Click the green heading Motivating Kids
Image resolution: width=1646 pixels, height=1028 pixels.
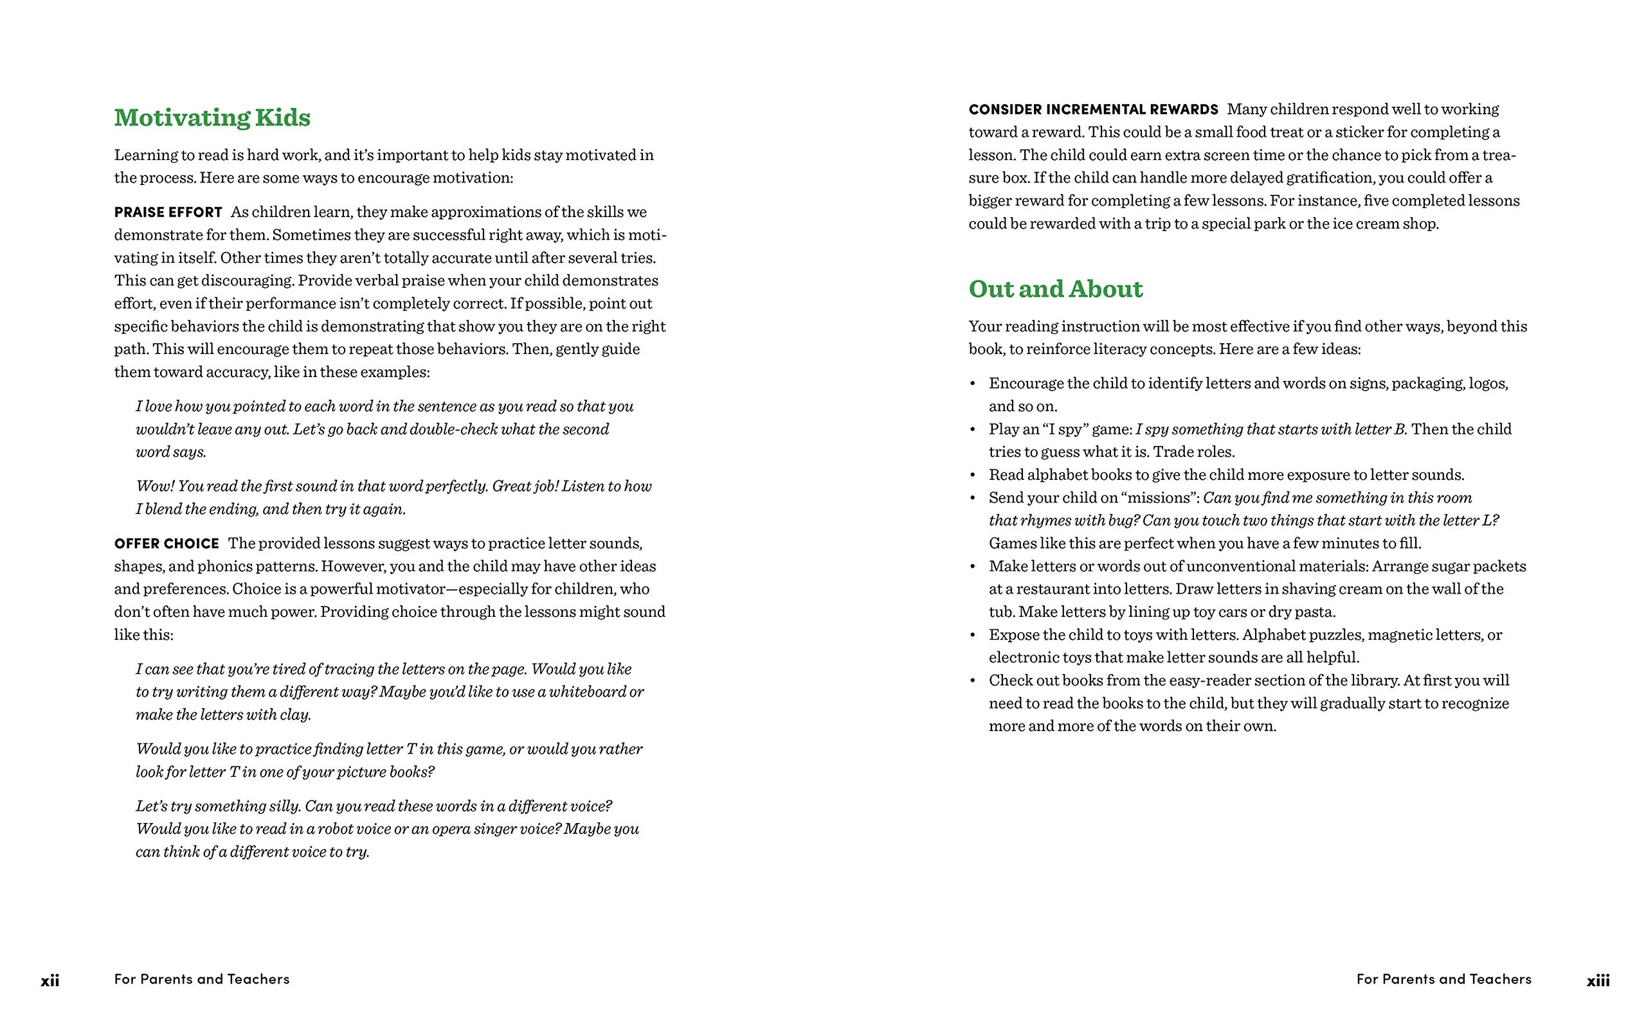(x=212, y=118)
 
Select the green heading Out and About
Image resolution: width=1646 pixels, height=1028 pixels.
(x=1056, y=289)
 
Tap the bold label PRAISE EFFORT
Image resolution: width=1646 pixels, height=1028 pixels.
(x=168, y=212)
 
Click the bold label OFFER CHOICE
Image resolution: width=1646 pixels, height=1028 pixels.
(x=167, y=544)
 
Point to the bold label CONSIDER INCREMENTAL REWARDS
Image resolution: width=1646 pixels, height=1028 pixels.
(x=1093, y=109)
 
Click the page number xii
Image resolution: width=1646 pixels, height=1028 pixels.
(x=50, y=980)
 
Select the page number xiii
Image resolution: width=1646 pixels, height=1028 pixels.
(x=1598, y=980)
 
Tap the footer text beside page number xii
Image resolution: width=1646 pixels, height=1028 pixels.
(x=202, y=979)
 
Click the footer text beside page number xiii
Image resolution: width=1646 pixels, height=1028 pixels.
(x=1444, y=979)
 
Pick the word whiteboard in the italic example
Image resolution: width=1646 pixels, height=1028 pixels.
(x=587, y=691)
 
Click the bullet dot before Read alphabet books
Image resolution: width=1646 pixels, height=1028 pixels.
(x=973, y=475)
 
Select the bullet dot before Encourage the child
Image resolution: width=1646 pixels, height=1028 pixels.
(x=973, y=384)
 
